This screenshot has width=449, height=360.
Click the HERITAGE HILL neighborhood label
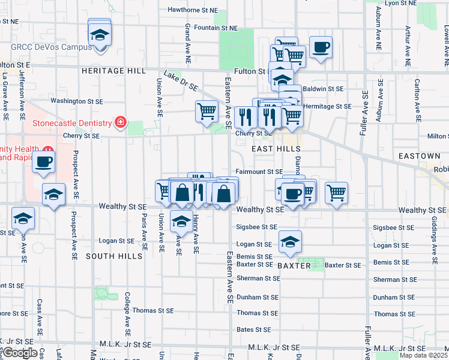(113, 71)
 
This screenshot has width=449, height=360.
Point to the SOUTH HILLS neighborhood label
(113, 256)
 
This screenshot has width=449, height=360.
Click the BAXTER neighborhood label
(294, 265)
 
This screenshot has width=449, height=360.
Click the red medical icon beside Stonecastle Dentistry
(121, 123)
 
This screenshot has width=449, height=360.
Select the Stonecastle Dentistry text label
(72, 124)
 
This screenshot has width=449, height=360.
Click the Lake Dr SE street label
(181, 82)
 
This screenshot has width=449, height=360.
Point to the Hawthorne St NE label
(192, 10)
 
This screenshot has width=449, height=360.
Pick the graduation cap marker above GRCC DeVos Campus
(100, 34)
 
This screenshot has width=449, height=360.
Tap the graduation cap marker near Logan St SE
(290, 241)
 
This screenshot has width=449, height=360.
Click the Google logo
(19, 353)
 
